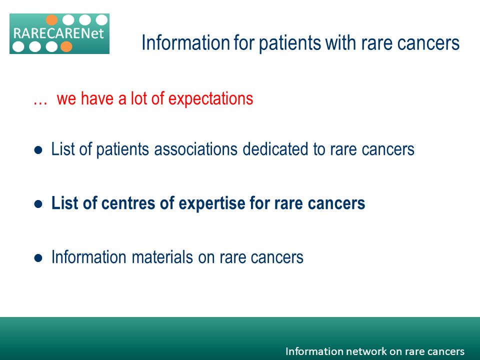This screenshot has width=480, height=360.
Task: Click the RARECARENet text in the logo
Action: point(59,33)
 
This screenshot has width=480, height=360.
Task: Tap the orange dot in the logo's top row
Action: point(51,20)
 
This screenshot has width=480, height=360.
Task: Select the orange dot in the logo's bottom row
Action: point(66,46)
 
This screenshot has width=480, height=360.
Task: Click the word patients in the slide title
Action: point(290,43)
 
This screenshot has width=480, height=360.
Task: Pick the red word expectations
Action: point(210,99)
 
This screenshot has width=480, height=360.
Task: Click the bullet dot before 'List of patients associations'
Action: point(38,150)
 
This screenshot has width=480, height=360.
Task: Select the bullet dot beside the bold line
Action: point(38,204)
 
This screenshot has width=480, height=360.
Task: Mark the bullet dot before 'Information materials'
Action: point(38,258)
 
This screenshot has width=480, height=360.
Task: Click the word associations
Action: point(196,149)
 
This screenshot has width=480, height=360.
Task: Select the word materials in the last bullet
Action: point(162,257)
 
